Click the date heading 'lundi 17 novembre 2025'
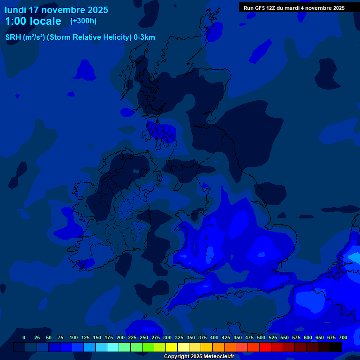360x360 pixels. coord(56,10)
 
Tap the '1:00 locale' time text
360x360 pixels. coord(33,21)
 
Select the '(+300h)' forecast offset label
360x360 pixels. coord(83,21)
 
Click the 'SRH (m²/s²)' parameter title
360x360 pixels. coord(25,37)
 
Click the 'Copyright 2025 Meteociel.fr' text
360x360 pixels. coord(199,357)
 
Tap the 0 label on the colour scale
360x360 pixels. coord(24,337)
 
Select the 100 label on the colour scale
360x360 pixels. coord(74,337)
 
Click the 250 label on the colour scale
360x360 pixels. coord(144,337)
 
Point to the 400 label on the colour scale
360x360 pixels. coord(214,337)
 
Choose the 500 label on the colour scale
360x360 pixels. coord(261,337)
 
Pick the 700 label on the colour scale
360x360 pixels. coord(343,337)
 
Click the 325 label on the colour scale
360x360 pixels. coord(179,337)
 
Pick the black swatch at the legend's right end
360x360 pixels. coord(335,347)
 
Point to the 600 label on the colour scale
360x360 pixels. coord(308,337)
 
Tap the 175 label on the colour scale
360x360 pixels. coord(109,337)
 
